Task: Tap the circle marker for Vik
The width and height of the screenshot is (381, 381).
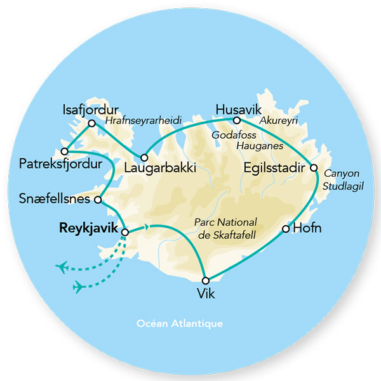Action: click(205, 280)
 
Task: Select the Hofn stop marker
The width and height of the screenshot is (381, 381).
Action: click(286, 228)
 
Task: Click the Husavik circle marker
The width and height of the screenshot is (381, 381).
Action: click(236, 120)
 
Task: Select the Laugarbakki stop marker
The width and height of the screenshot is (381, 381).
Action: click(145, 157)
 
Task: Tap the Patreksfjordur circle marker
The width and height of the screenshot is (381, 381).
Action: click(65, 152)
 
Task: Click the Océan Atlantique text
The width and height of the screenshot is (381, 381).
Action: click(180, 323)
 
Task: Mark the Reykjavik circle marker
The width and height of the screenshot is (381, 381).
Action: click(124, 233)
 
